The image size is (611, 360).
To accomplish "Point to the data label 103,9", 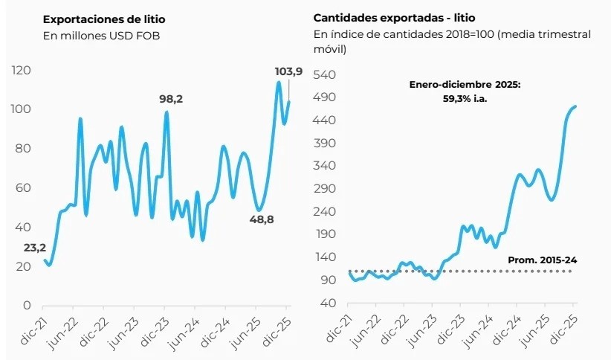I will click(288, 71).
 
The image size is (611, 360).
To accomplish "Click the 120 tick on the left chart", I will click(21, 71).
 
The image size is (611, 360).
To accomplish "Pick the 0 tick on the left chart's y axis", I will click(27, 305).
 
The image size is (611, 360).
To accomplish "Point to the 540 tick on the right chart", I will click(326, 74).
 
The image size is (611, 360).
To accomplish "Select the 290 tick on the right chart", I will click(326, 189).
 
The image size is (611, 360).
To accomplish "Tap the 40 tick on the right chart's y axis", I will click(329, 303).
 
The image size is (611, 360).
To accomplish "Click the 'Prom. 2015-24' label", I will click(542, 260).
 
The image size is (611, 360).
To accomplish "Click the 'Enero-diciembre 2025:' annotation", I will click(465, 85).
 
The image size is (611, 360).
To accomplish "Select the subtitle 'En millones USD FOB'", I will click(102, 35).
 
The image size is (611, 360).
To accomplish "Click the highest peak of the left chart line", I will click(278, 82).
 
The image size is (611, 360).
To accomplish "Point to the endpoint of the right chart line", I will click(575, 106).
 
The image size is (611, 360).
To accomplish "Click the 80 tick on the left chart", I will click(23, 149).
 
